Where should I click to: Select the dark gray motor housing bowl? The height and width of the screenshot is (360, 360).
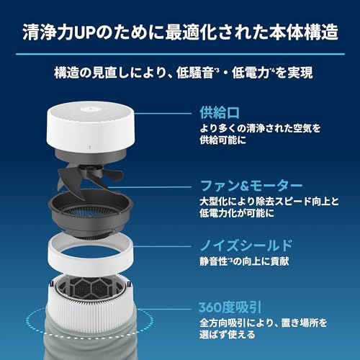pos(108,216)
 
